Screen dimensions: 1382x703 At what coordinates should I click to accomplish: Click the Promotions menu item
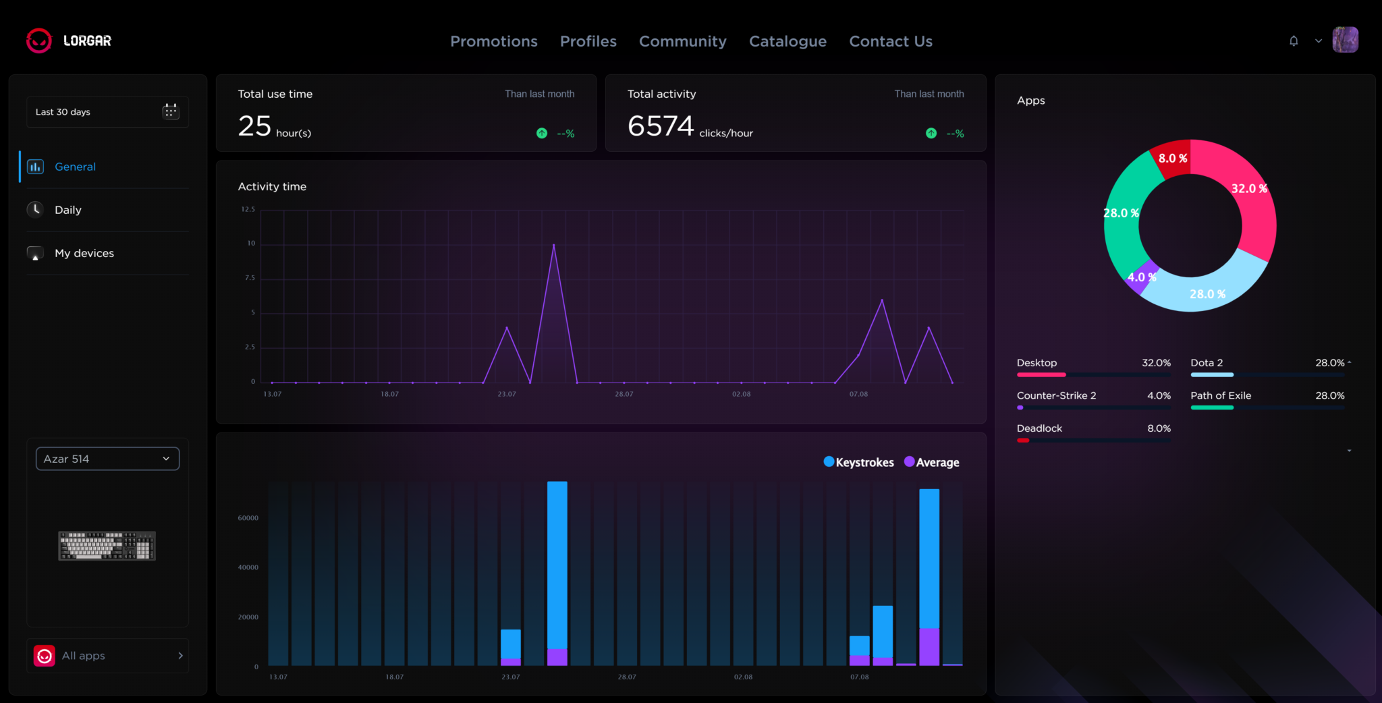pyautogui.click(x=494, y=41)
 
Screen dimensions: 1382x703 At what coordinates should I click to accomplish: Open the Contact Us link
pyautogui.click(x=891, y=41)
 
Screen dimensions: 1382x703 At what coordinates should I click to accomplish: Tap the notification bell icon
pyautogui.click(x=1294, y=40)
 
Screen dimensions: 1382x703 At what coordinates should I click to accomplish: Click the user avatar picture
pyautogui.click(x=1345, y=40)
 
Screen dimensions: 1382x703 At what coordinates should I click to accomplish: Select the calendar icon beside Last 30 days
pyautogui.click(x=171, y=111)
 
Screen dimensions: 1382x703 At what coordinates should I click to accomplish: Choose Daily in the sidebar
pyautogui.click(x=68, y=210)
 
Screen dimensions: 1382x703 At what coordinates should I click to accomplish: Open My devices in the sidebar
pyautogui.click(x=84, y=253)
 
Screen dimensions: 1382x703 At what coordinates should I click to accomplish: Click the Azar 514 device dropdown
pyautogui.click(x=107, y=459)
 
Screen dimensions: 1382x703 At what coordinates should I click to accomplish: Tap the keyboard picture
pyautogui.click(x=107, y=546)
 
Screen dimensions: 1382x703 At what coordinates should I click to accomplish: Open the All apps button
pyautogui.click(x=107, y=656)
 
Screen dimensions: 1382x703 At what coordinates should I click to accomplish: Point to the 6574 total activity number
pyautogui.click(x=661, y=126)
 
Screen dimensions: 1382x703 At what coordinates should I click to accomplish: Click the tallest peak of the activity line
pyautogui.click(x=554, y=245)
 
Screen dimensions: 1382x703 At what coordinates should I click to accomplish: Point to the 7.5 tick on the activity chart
pyautogui.click(x=250, y=278)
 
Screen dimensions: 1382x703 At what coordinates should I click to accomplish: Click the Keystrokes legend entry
pyautogui.click(x=859, y=462)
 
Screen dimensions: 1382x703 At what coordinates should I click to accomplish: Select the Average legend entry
pyautogui.click(x=932, y=462)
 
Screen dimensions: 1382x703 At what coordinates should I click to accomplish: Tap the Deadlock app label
pyautogui.click(x=1039, y=428)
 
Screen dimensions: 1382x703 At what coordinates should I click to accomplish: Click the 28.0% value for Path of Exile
pyautogui.click(x=1330, y=395)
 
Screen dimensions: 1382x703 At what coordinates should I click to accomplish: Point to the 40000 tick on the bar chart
pyautogui.click(x=248, y=567)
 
